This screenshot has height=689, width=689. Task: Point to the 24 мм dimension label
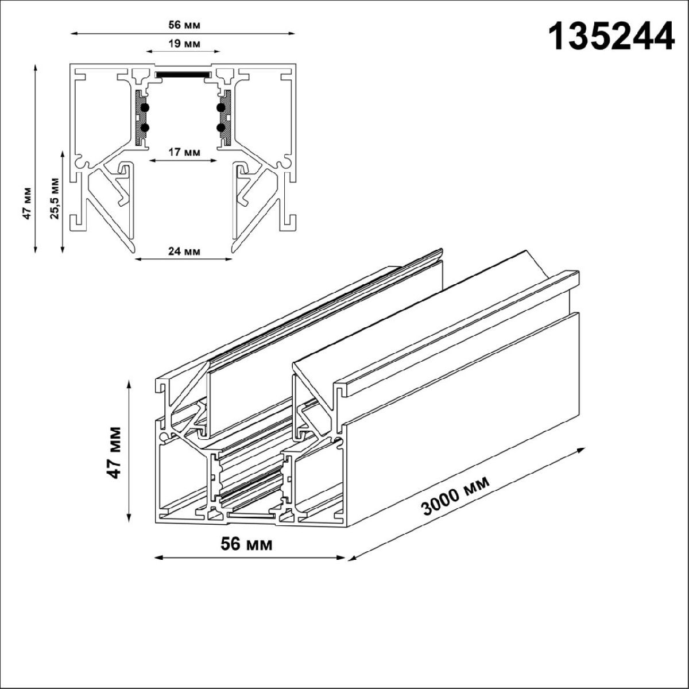coord(184,251)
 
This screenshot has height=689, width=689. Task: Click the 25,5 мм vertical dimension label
coord(55,198)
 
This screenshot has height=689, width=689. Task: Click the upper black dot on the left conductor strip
coord(145,107)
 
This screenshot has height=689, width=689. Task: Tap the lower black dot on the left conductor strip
coord(145,127)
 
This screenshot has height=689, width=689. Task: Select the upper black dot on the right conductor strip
coord(221,107)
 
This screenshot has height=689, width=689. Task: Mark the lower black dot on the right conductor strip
coord(221,127)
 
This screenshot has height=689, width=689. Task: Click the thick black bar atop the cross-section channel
coord(184,75)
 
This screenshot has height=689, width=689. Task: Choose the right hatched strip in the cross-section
coord(227,118)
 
